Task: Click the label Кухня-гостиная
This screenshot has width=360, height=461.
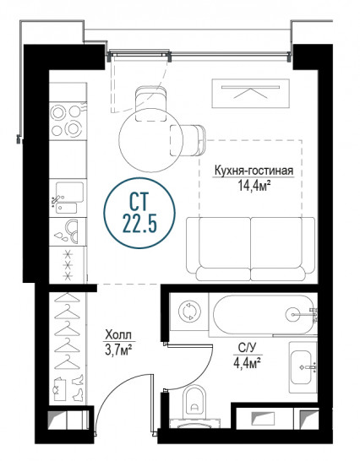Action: [254, 171]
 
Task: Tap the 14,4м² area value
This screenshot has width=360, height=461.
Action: [254, 186]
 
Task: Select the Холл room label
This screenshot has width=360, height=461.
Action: [118, 334]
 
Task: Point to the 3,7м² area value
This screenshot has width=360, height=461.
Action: [118, 350]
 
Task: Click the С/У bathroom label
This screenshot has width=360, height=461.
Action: [248, 348]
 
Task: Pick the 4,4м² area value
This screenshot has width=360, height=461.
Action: [248, 363]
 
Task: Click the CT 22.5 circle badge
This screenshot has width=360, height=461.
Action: [139, 213]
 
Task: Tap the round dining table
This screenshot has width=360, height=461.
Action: [150, 139]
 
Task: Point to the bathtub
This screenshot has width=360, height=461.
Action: [263, 315]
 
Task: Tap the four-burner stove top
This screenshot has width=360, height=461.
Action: [68, 121]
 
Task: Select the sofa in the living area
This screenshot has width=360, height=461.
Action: [250, 249]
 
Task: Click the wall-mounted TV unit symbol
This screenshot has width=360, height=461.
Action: [250, 94]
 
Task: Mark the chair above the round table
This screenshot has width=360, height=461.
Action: [151, 103]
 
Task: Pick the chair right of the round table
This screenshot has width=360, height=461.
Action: [188, 140]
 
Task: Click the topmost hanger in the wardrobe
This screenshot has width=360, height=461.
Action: [68, 297]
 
